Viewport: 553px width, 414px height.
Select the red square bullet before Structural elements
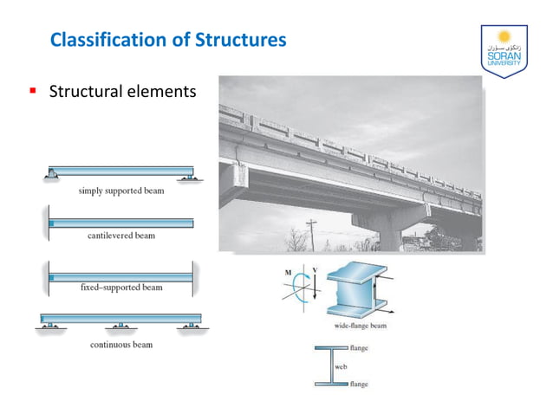coord(32,90)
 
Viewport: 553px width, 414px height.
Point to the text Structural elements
coord(122,90)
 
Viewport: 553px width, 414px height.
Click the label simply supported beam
coord(121,191)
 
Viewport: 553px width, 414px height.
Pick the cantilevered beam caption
coord(121,236)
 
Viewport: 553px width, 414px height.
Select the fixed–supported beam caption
coord(121,287)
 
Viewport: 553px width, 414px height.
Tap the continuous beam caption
coord(121,344)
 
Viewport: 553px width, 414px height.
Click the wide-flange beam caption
coord(360,327)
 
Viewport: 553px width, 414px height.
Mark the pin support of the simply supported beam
coord(55,176)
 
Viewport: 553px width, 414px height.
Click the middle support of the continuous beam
coord(120,327)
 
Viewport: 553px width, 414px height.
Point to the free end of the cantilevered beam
coord(191,223)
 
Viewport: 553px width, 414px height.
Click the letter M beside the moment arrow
coord(288,271)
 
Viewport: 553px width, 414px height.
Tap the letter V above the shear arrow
coord(315,270)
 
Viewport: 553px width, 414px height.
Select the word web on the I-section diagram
coord(342,366)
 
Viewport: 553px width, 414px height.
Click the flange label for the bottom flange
coord(359,384)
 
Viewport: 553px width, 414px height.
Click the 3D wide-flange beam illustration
coord(355,290)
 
